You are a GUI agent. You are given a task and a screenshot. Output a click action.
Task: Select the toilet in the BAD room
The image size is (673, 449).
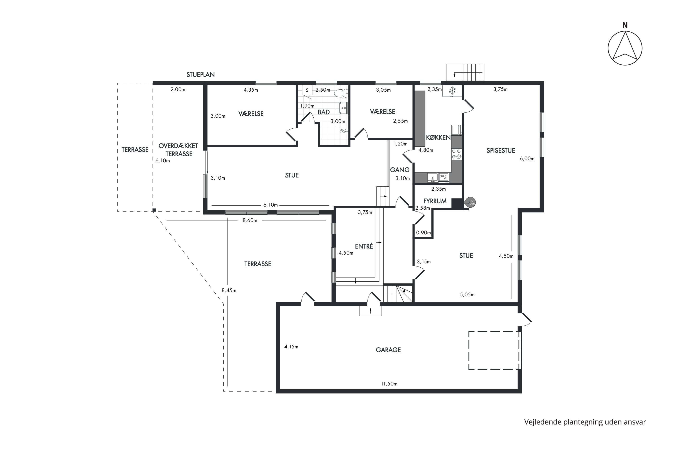tap(341, 93)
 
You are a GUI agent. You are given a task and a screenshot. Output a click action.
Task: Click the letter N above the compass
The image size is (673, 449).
tap(625, 26)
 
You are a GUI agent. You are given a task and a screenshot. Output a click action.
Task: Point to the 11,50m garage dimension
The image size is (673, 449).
tap(389, 384)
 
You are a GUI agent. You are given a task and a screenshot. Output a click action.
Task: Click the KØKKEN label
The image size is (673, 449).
tap(438, 137)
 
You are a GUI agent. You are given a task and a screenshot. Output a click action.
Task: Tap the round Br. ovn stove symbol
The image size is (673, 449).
tap(471, 202)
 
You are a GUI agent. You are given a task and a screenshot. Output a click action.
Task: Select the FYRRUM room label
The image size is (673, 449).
tap(435, 201)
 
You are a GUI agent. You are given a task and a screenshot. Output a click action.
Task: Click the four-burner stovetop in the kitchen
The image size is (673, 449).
tap(456, 154)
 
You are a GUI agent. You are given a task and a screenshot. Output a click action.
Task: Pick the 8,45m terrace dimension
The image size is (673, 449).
tap(229, 290)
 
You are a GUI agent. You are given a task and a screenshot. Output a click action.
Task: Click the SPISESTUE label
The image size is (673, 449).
tap(500, 151)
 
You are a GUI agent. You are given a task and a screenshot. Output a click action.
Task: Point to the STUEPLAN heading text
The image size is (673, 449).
tap(201, 75)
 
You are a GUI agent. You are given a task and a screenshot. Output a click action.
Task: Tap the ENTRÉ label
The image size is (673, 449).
tap(364, 246)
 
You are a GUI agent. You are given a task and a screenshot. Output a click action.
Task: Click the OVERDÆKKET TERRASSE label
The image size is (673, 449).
tap(178, 150)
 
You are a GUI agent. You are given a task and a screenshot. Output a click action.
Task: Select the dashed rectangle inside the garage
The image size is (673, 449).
tap(494, 351)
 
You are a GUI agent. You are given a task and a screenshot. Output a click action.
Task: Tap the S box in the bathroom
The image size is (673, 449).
tap(307, 90)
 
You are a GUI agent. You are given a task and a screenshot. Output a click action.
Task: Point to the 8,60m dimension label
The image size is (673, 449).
tap(250, 220)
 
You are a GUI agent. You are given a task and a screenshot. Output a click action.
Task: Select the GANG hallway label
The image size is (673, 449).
tap(400, 170)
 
